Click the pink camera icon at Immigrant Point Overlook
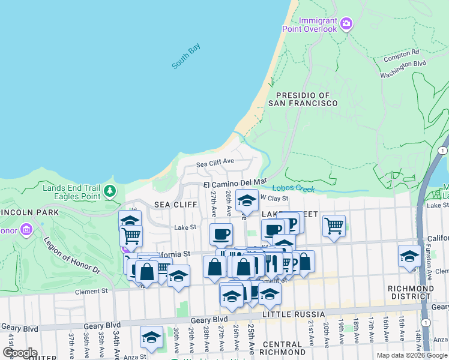(x=346, y=24)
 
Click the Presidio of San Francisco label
(x=303, y=99)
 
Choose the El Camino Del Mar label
(x=235, y=182)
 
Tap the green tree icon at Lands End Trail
(x=109, y=191)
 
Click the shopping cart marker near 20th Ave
(x=334, y=226)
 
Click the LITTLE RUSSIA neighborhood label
(x=298, y=314)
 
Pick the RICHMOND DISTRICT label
(x=411, y=292)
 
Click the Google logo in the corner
(x=20, y=352)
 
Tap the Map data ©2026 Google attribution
(x=411, y=355)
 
